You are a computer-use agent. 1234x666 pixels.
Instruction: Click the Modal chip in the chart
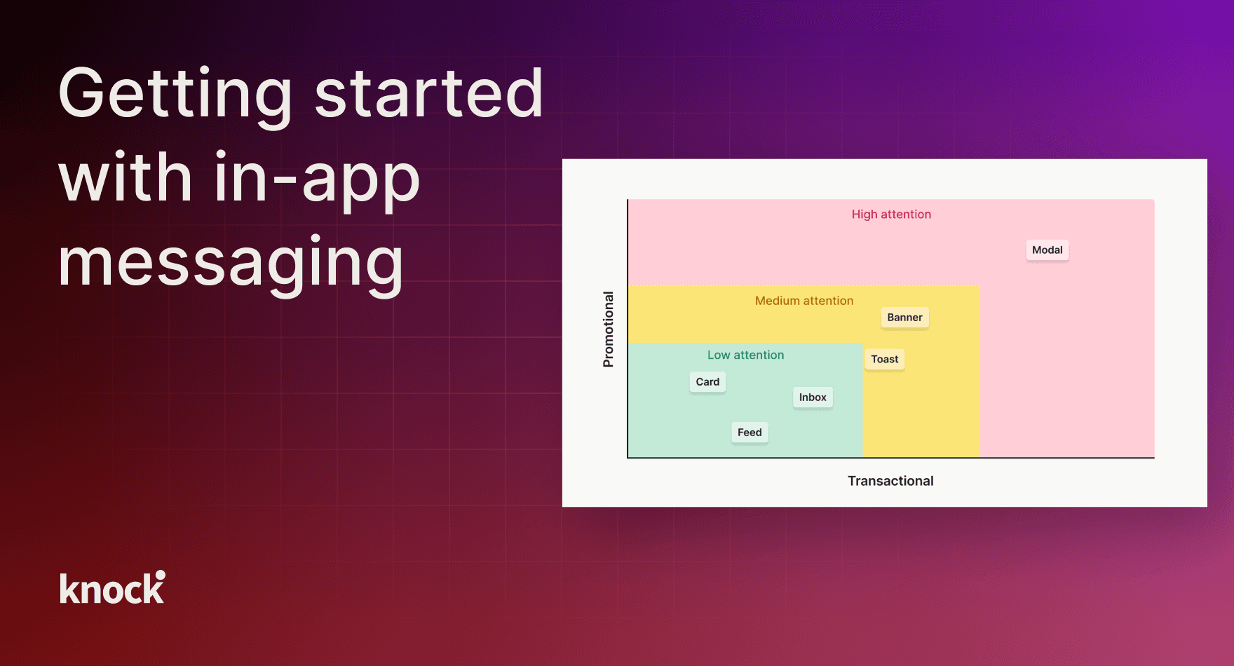coord(1047,250)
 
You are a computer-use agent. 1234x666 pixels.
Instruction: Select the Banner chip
coord(904,318)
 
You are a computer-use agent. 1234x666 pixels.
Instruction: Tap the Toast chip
coord(885,359)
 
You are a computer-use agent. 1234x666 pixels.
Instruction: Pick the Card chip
coord(707,382)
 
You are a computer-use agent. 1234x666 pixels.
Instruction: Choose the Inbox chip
coord(813,397)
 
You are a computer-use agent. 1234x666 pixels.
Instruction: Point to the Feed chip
coord(750,433)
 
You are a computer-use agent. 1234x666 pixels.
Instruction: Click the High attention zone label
coord(891,215)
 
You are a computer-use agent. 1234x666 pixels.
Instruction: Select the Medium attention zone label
coord(804,301)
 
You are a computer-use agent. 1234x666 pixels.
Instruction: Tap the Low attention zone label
coord(745,355)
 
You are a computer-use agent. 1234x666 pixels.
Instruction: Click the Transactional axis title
coord(890,481)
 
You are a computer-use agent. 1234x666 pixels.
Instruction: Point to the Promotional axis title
coord(608,329)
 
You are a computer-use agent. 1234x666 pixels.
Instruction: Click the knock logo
coord(112,587)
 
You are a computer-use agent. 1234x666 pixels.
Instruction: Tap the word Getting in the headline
coord(175,94)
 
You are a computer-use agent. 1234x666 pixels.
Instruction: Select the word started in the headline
coord(429,93)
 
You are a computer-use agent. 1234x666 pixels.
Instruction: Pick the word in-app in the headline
coord(317,179)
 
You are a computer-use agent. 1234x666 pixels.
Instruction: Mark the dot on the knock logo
coord(161,575)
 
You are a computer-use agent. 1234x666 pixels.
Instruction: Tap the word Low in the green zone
coord(719,355)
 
